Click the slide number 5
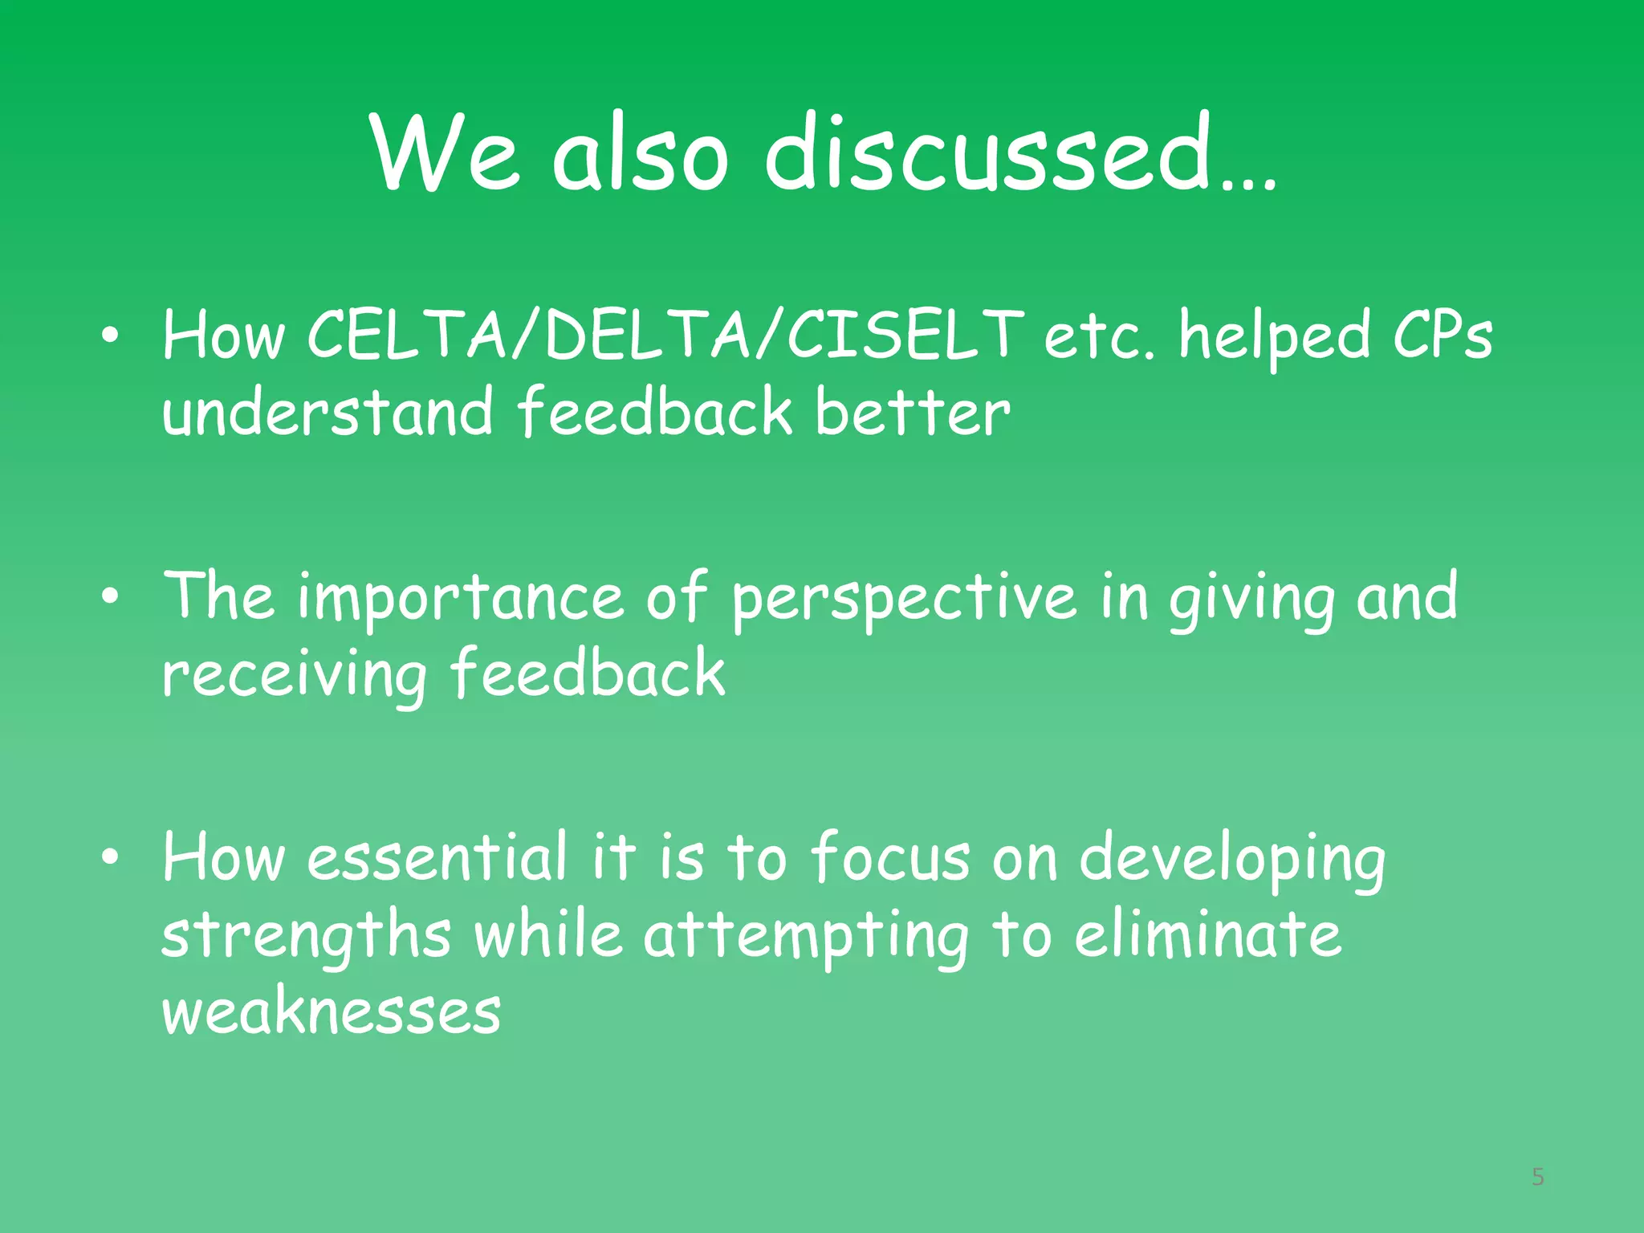(1537, 1177)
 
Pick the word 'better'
(913, 413)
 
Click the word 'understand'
(327, 413)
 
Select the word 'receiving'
(294, 674)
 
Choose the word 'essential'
(437, 857)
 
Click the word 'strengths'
(306, 935)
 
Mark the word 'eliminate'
(1207, 935)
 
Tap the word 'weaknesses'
(331, 1011)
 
